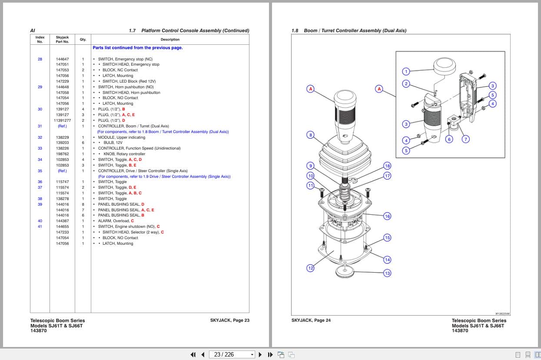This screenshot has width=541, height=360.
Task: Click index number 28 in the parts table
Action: (40, 59)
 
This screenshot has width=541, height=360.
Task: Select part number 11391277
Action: (62, 120)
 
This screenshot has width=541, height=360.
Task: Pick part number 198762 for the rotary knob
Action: (62, 154)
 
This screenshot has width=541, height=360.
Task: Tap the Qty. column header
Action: (83, 40)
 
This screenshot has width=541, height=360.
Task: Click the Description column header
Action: (170, 40)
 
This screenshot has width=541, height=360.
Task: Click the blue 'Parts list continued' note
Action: (138, 47)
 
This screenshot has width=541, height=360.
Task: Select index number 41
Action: (40, 227)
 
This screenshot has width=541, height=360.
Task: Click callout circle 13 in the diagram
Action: (387, 273)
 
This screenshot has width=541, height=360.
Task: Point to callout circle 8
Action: (311, 135)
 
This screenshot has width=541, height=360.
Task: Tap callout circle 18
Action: (387, 166)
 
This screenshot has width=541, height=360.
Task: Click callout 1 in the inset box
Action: (406, 71)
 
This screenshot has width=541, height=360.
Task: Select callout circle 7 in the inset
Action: (466, 139)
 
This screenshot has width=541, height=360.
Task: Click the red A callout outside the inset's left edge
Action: (379, 89)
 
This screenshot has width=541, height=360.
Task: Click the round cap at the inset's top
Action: (445, 66)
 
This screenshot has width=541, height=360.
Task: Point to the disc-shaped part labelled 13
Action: (345, 272)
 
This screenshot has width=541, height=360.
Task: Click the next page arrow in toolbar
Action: (260, 355)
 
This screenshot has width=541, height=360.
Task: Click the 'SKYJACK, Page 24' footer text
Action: (311, 320)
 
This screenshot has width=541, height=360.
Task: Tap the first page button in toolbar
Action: (193, 355)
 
